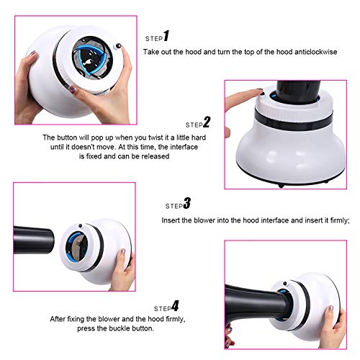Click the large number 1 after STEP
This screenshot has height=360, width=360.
(166, 36)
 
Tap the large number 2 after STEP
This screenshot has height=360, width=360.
(207, 122)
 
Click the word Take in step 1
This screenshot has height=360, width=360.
(151, 53)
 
